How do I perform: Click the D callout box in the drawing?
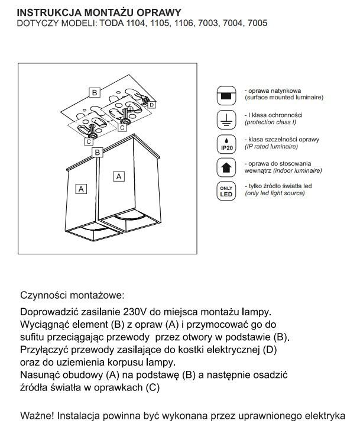[x=151, y=105]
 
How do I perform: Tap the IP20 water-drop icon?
[x=225, y=142]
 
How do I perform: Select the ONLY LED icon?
[x=225, y=189]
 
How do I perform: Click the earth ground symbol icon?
[x=225, y=118]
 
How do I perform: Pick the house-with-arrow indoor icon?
[x=225, y=166]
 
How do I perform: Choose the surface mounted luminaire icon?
[x=225, y=94]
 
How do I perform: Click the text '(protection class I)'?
[x=270, y=122]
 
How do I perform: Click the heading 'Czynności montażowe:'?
[x=73, y=295]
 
